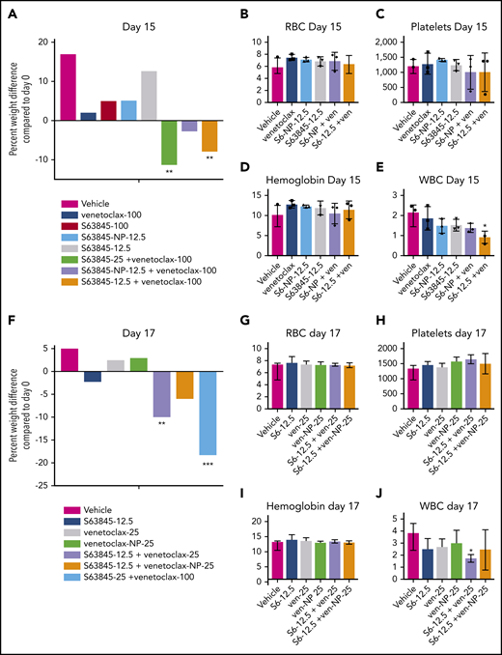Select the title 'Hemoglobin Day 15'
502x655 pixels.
[309, 172]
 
